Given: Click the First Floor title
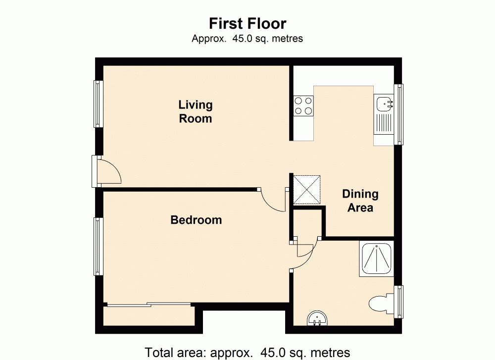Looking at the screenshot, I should pos(247,23).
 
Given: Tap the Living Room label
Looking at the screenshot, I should pos(196,111).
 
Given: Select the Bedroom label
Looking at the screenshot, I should pos(196,220).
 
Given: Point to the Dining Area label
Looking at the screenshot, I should pos(360,201).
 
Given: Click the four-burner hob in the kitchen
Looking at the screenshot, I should pos(303,105).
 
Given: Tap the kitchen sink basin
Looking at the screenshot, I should pos(384,103).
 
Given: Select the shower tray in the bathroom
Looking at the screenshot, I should pos(377,257).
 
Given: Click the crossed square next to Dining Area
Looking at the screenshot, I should pos(307,189).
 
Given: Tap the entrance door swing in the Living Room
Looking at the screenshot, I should pos(108,171).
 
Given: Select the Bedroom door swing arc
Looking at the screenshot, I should pos(273,200).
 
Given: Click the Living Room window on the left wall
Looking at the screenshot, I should pos(98,104).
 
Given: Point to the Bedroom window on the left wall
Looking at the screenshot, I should pos(98,246).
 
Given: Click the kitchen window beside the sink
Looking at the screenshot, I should pos(398,114).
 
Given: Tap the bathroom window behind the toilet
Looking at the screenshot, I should pos(398,302).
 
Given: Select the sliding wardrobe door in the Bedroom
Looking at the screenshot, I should pos(148,305).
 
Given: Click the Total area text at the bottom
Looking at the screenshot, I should pos(247,353).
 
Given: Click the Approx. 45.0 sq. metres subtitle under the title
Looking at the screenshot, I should pos(247,38).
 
